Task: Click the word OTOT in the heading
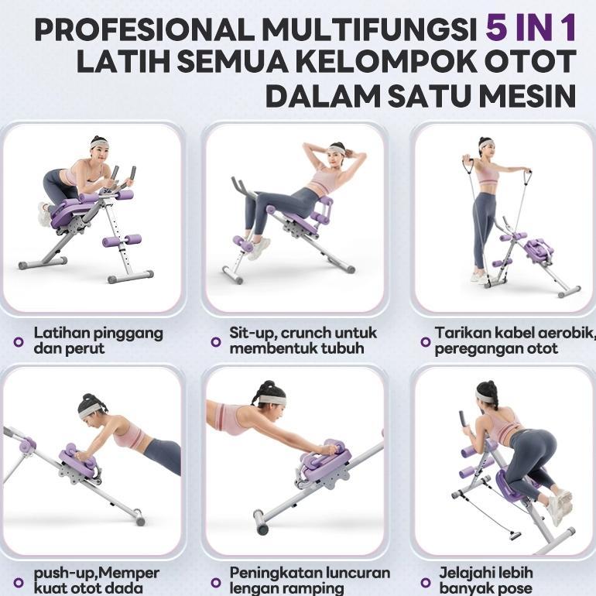(x=535, y=62)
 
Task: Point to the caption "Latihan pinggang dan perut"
(x=98, y=341)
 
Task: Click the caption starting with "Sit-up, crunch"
(x=303, y=341)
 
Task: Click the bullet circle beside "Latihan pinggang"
(x=19, y=341)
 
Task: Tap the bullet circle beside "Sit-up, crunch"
(x=216, y=341)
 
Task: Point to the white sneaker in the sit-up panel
(x=259, y=248)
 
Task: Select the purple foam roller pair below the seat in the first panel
(x=122, y=241)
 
